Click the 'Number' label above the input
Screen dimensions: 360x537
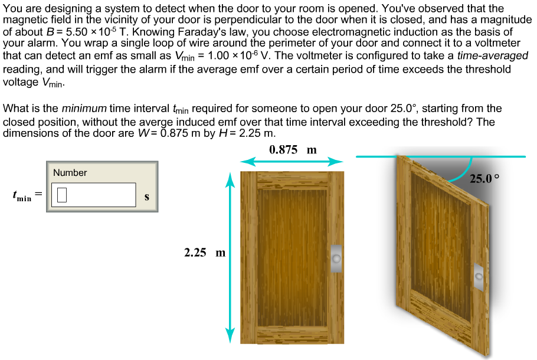[70, 173]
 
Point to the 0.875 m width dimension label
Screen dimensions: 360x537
[293, 149]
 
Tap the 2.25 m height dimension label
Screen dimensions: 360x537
[204, 253]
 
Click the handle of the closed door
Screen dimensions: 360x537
[336, 258]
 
